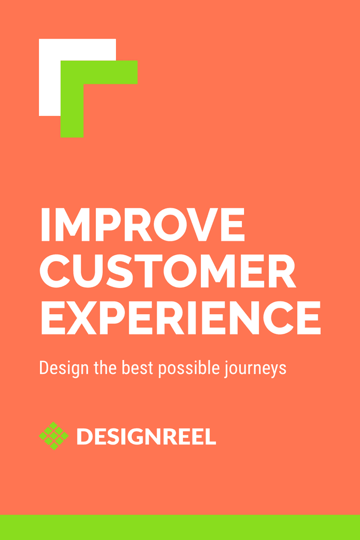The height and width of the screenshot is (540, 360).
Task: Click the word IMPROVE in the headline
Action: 142,224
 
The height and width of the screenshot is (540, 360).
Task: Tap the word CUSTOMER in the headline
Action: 168,271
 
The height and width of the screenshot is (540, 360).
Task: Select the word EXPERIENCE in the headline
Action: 180,317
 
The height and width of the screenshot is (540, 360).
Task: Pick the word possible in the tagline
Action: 187,368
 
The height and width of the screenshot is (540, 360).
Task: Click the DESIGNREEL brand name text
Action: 146,436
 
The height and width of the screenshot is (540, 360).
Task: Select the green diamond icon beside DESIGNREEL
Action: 54,436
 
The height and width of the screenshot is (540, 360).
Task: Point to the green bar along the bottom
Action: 180,527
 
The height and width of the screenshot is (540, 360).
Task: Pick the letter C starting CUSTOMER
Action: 56,271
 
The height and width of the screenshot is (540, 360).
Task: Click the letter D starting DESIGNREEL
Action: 84,436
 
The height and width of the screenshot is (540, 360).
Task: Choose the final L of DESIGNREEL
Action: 211,436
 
